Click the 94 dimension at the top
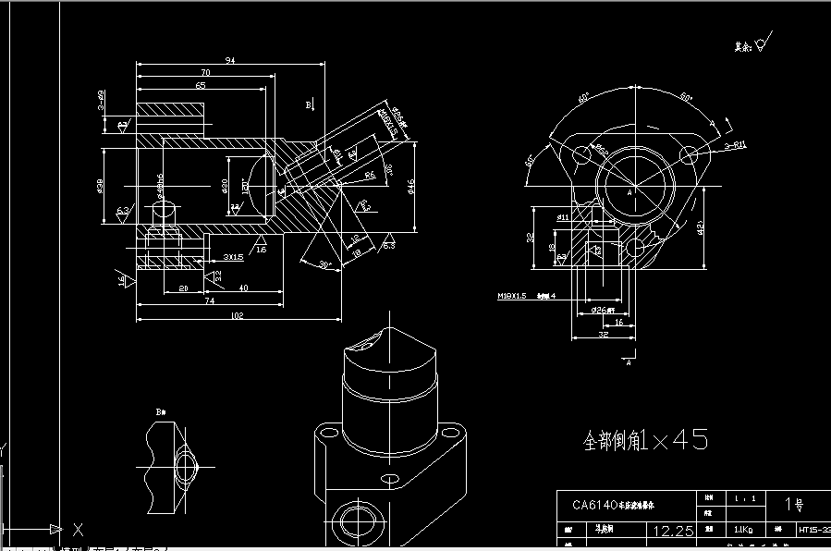[230, 60]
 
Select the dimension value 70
[203, 72]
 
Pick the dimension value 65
[201, 84]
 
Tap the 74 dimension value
[210, 301]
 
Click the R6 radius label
[369, 175]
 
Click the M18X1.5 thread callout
[512, 296]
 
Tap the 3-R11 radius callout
[735, 145]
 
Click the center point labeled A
[629, 193]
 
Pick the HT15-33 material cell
[813, 532]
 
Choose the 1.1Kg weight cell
[742, 532]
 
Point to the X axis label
[78, 530]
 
